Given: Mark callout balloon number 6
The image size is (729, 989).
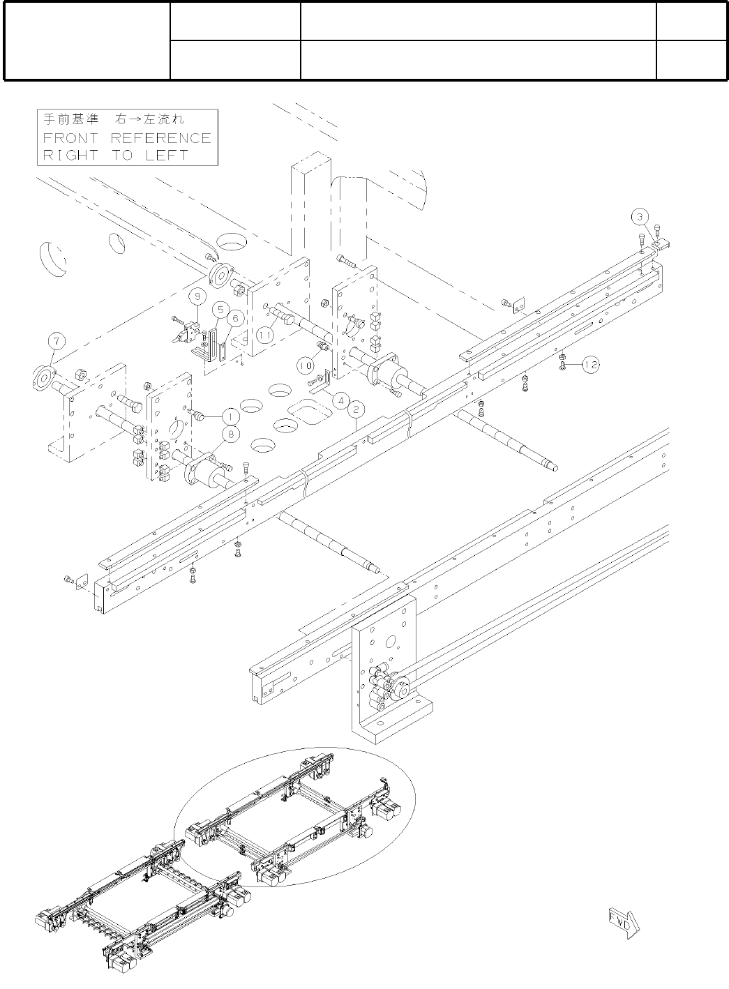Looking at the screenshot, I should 235,318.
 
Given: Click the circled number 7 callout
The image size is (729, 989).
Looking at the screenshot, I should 56,342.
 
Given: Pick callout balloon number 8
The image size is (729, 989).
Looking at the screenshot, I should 228,435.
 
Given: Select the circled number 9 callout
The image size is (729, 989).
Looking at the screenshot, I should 197,296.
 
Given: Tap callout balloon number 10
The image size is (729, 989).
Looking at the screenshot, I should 304,364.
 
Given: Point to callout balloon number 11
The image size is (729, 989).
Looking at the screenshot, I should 264,335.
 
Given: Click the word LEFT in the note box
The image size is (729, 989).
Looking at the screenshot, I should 166,156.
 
